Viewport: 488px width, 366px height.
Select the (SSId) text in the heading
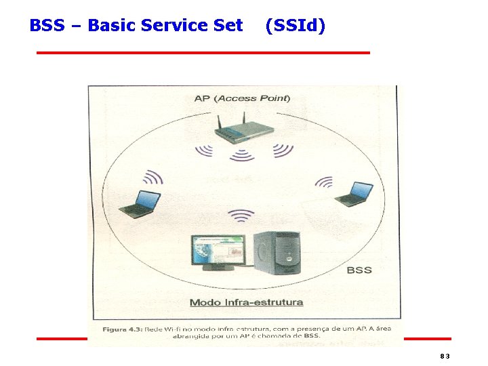coord(295,26)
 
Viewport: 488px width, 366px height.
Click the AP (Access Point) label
coord(242,98)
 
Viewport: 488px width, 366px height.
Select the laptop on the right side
coord(354,195)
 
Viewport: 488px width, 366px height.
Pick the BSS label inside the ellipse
coord(359,270)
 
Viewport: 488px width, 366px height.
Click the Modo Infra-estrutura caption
coord(246,302)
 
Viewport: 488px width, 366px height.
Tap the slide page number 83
coord(445,357)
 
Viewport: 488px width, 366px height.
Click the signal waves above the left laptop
coord(153,177)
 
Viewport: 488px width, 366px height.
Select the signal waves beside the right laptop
coord(325,182)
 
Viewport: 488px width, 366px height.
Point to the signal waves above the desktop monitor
coord(241,216)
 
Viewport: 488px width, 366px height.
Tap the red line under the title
coord(203,52)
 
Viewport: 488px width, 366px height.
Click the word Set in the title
coord(228,26)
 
